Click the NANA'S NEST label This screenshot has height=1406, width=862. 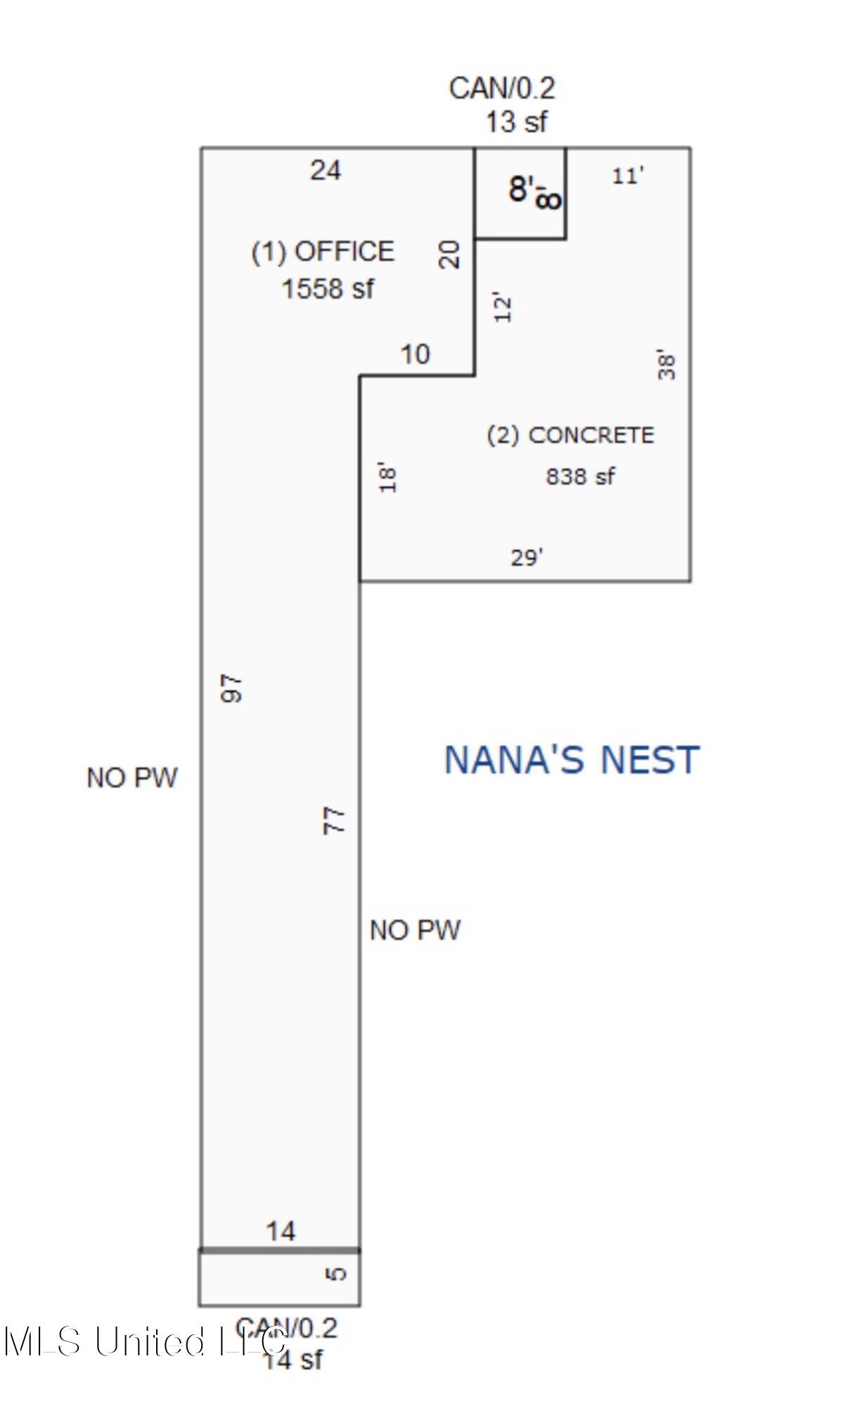(572, 760)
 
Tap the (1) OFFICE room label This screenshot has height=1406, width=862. (323, 252)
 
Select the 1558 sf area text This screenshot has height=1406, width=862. (328, 289)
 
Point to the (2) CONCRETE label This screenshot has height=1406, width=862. (570, 435)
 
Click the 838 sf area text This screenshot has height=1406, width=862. (580, 477)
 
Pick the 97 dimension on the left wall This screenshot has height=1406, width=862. (232, 688)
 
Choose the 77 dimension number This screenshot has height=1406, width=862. (335, 820)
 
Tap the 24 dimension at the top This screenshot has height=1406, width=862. (326, 170)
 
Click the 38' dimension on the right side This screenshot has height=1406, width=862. (667, 364)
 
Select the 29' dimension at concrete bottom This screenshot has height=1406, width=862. (527, 557)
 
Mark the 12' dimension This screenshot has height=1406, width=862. (503, 307)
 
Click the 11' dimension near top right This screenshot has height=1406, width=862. (627, 176)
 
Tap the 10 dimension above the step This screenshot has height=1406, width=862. (415, 354)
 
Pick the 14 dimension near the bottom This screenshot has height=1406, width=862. (281, 1231)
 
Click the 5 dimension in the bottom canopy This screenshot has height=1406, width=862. (337, 1273)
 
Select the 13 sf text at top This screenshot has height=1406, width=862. (516, 122)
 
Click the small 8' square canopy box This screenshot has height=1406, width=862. (520, 193)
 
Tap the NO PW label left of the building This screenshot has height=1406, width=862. (131, 778)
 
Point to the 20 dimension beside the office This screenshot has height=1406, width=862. (449, 254)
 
